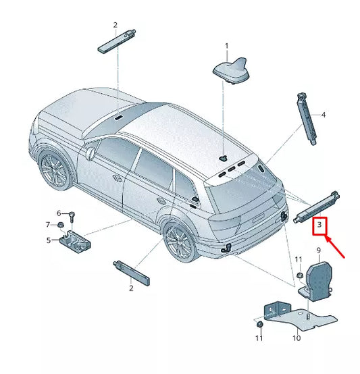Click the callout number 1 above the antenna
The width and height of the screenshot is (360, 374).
(227, 46)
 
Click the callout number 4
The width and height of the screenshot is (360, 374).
(323, 115)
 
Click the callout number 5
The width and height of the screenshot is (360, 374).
(48, 240)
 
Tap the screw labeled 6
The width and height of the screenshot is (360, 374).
(72, 216)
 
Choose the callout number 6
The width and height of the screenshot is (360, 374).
(59, 213)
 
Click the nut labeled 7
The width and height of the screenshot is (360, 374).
(60, 225)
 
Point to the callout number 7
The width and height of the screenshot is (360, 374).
(48, 224)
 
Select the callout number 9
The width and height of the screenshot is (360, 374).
(318, 251)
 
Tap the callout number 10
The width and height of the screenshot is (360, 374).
(296, 338)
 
